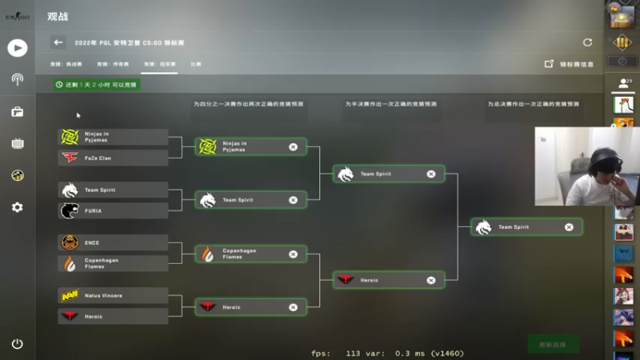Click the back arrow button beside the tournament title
coord(58,42)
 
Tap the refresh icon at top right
coord(588,42)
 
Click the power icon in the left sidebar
coord(18,344)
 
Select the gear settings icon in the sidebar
coord(18,207)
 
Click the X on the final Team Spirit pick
coord(569,227)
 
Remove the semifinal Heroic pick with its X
coord(431,280)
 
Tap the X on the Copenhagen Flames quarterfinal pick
coord(293,254)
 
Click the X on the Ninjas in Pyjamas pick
coord(293,146)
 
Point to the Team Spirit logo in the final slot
coord(483,227)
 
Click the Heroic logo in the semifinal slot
coord(346,280)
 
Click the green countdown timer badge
coord(97,84)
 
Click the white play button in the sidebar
coord(18,47)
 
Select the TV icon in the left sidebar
coord(18,144)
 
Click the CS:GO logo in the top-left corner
coord(18,15)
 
